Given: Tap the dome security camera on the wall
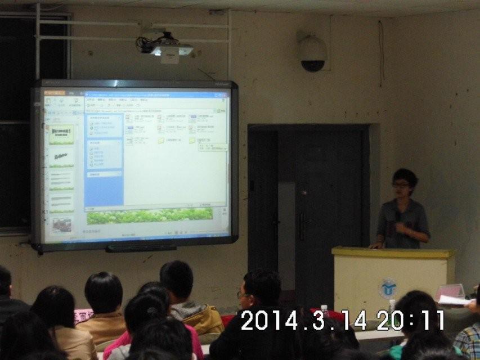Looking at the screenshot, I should pos(312,55).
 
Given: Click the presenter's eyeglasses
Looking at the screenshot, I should pos(401,184).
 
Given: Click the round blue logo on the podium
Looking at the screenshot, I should pos(388,288).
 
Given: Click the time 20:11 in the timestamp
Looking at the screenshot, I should pos(410,321).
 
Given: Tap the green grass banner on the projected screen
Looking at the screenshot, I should pos(150,215).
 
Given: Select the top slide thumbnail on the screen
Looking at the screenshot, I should pos(62,134).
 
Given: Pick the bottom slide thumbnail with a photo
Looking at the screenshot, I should pos(62,226).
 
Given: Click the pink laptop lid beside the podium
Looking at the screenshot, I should pos(450,291).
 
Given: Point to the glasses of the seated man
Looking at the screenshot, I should pos(243,294).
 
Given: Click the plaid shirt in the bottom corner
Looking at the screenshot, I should pos(468,341).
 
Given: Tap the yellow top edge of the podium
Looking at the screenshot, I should pos(393,252).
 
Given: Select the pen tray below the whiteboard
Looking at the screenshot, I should pos(141,247).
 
